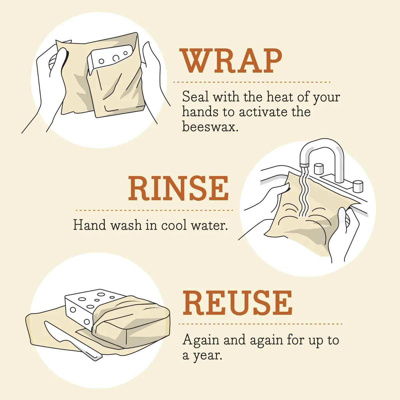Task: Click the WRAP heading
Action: pos(231,61)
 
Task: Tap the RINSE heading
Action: pos(179,189)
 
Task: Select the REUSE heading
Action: pos(237,303)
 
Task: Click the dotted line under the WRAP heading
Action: pos(252,82)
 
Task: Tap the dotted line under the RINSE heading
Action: pos(154,210)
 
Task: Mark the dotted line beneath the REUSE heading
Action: pos(260,324)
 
